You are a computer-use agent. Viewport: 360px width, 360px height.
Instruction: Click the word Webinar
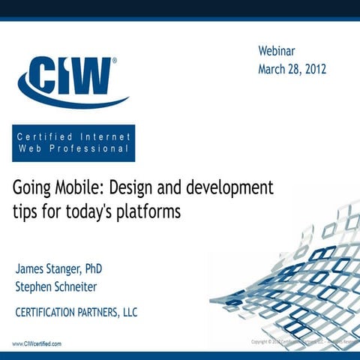click(x=277, y=52)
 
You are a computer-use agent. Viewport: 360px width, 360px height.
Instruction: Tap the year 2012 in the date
click(x=311, y=70)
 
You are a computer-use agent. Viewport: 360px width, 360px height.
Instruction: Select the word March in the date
click(x=275, y=70)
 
